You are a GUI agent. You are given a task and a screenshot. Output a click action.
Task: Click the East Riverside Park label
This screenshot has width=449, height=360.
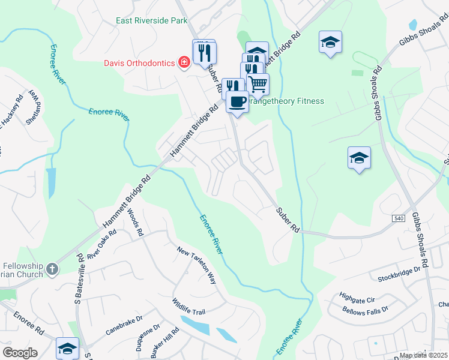pyautogui.click(x=152, y=21)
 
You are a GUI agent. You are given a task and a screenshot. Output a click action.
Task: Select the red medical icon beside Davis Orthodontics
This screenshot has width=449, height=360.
pyautogui.click(x=184, y=62)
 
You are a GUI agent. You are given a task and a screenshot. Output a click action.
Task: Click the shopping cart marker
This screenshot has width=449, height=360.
pyautogui.click(x=258, y=84)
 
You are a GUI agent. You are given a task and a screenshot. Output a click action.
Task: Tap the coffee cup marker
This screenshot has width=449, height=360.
pyautogui.click(x=237, y=101)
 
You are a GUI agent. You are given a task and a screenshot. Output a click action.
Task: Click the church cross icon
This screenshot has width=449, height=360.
pyautogui.click(x=52, y=269)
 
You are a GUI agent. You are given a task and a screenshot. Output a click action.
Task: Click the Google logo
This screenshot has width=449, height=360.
pyautogui.click(x=20, y=353)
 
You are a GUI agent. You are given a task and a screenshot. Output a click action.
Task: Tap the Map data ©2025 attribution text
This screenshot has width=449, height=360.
pyautogui.click(x=423, y=356)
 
